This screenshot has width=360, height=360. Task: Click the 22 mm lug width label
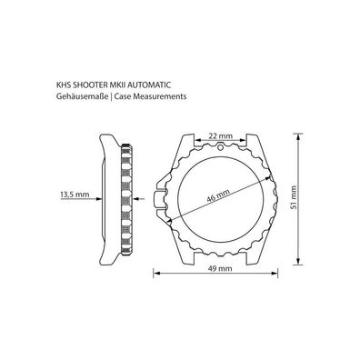pos(221,135)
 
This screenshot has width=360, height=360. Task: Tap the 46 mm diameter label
pos(218,195)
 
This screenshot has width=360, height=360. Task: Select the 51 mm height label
pos(293,197)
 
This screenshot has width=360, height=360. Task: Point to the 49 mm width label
pos(220,268)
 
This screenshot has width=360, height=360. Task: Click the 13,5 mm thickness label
pos(75,194)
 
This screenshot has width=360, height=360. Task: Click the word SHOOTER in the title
pos(85,85)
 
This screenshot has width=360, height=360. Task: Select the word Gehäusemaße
pos(82,97)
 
